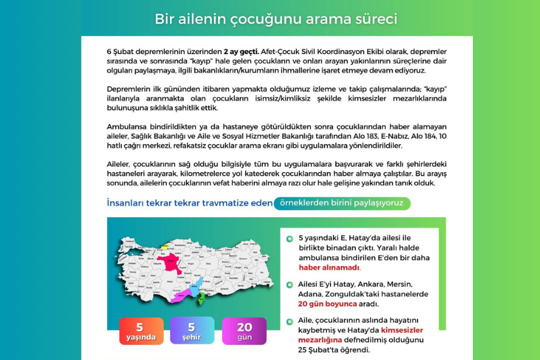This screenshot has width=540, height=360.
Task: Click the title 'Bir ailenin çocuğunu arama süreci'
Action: (276, 19)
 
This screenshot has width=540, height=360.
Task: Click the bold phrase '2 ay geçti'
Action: (241, 52)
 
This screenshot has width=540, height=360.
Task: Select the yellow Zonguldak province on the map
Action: (164, 246)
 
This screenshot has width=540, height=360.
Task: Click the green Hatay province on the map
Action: (202, 298)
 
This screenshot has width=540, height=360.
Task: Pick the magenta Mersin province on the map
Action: (180, 295)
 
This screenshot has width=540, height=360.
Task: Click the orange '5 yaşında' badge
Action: (141, 331)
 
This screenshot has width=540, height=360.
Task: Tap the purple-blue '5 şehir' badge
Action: (192, 331)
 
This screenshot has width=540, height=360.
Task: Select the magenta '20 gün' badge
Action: (244, 331)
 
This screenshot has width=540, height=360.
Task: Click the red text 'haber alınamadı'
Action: (329, 268)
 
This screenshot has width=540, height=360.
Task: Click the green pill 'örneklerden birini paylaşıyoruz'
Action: (342, 203)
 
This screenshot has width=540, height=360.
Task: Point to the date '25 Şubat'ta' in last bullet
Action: (320, 350)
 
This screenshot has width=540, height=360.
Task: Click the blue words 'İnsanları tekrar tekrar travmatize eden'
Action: (189, 203)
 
